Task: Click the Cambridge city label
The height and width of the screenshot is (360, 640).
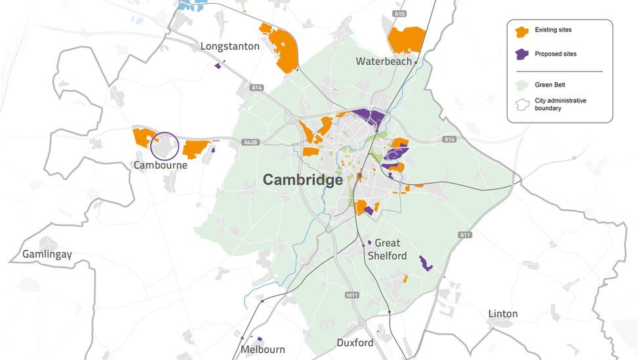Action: coord(303,180)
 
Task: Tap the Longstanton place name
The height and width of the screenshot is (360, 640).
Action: coord(230,47)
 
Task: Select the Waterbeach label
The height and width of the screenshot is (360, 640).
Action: coord(384,61)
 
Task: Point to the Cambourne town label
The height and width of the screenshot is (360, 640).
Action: coord(161,165)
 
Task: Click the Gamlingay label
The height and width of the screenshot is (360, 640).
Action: coord(47,254)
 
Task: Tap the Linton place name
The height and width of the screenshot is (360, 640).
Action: coord(503,313)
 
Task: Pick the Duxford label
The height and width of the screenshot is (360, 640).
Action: coord(355,343)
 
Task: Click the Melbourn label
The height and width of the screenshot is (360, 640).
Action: coord(263,350)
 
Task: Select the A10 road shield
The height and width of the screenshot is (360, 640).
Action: coord(399,13)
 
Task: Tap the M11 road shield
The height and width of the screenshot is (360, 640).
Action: coord(352,296)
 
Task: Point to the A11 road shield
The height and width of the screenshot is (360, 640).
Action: coord(465,235)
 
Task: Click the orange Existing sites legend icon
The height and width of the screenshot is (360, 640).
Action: coord(522,31)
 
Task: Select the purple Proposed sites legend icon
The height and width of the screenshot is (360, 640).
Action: coord(522,54)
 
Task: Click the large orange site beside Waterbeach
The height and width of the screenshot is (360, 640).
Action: coord(405,40)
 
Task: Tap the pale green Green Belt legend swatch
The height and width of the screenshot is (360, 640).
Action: coord(522,85)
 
